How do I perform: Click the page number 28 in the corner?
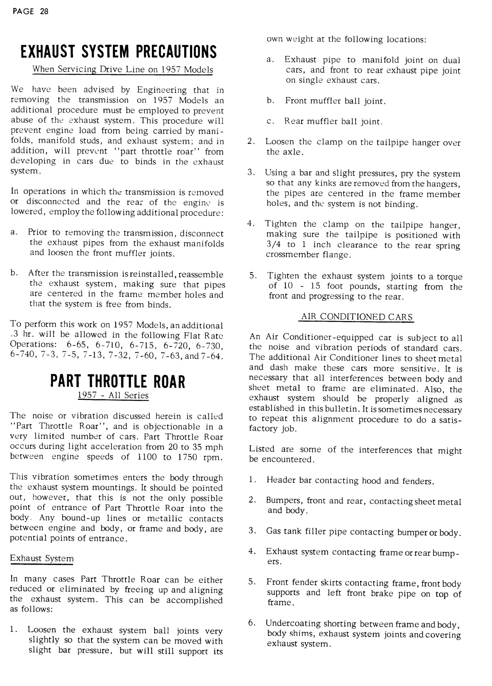click(x=43, y=12)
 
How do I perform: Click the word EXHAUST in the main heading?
click(x=51, y=52)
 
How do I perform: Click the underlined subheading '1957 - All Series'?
click(x=113, y=395)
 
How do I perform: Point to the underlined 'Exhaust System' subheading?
click(x=42, y=559)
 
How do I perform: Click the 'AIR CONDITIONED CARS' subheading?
click(x=356, y=317)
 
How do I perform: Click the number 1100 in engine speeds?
click(x=147, y=457)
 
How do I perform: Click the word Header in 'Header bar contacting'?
click(x=278, y=481)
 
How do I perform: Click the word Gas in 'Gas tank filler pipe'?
click(x=273, y=532)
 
